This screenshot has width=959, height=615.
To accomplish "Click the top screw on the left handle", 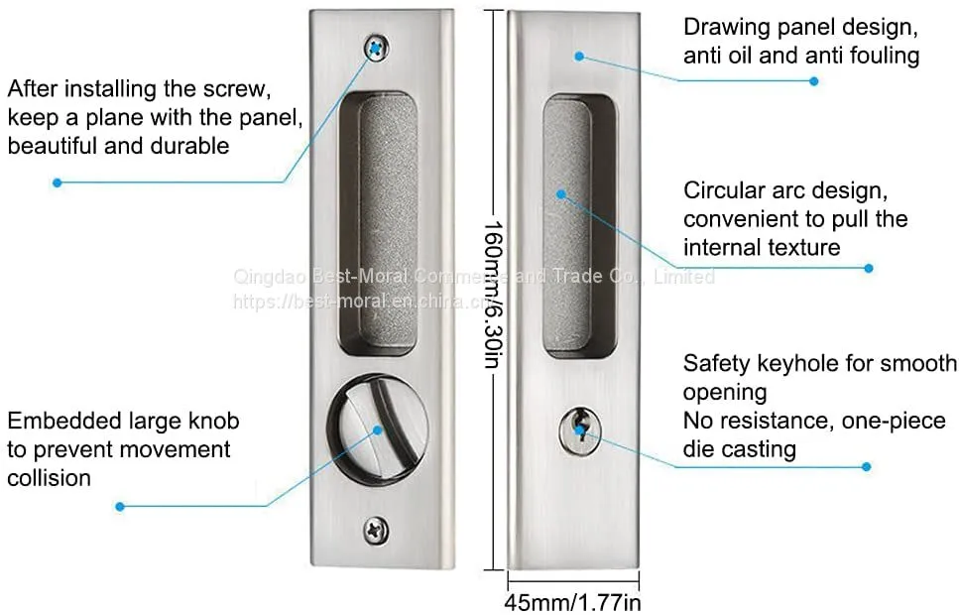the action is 377,48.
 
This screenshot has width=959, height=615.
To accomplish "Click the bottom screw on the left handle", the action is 376,530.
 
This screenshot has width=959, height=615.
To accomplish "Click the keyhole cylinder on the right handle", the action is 580,430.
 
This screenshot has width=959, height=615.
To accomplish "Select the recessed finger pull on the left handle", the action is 379,224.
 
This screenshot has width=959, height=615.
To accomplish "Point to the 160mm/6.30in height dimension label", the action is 494,295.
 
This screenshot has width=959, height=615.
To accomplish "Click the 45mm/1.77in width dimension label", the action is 572,602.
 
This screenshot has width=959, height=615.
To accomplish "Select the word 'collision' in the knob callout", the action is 49,478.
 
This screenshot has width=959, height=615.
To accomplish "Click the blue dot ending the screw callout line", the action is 58,183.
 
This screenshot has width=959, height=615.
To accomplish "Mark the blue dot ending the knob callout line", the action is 120,507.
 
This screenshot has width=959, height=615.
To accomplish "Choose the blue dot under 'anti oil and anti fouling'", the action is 814,80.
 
